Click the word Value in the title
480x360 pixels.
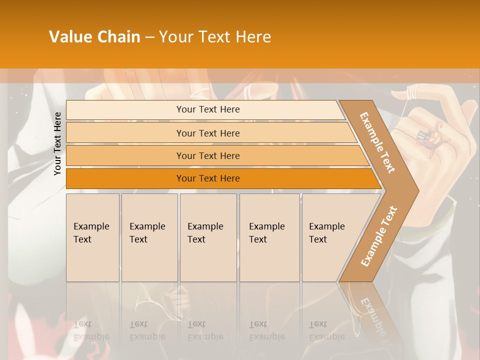pos(69,37)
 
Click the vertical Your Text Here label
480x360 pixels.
pos(57,143)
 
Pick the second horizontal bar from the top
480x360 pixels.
pos(208,133)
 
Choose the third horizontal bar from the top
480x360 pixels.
pos(208,155)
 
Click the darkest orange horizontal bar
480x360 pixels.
pos(208,178)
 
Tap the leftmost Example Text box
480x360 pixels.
pos(92,237)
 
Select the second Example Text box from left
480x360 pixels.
pos(149,237)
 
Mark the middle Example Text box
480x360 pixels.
pos(208,237)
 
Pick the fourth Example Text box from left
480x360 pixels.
pos(270,237)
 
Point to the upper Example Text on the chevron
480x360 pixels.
pos(377,142)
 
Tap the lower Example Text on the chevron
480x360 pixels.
pos(379,236)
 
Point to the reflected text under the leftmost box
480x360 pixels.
pos(91,330)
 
